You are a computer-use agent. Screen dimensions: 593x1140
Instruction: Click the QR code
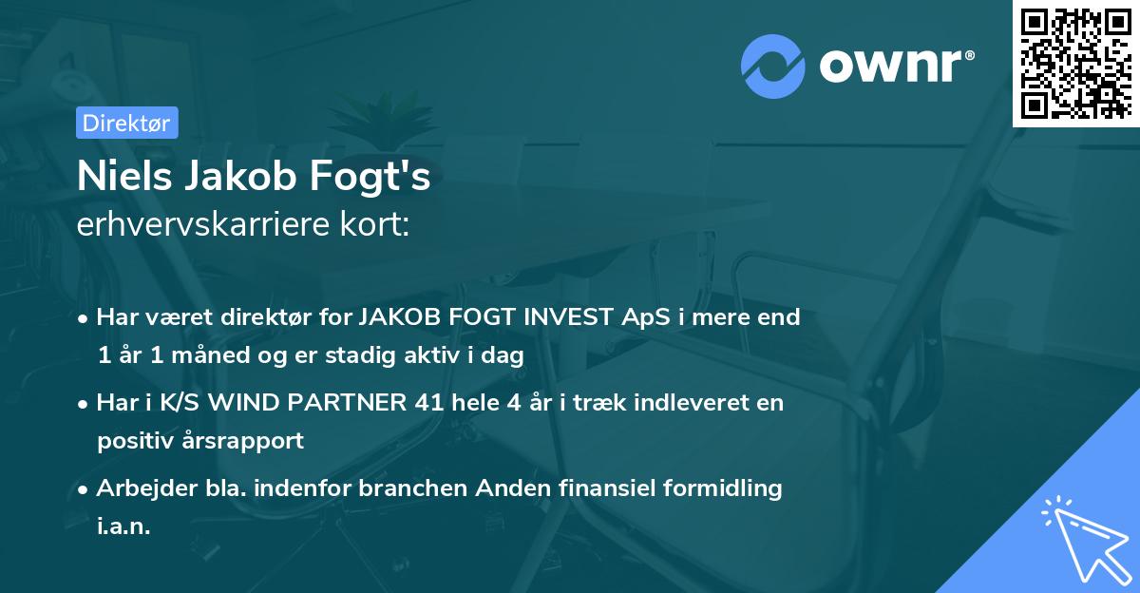click(x=1076, y=63)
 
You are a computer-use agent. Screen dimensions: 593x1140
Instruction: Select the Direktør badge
click(x=126, y=123)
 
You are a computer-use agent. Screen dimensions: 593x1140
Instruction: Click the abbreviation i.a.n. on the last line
click(x=123, y=526)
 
